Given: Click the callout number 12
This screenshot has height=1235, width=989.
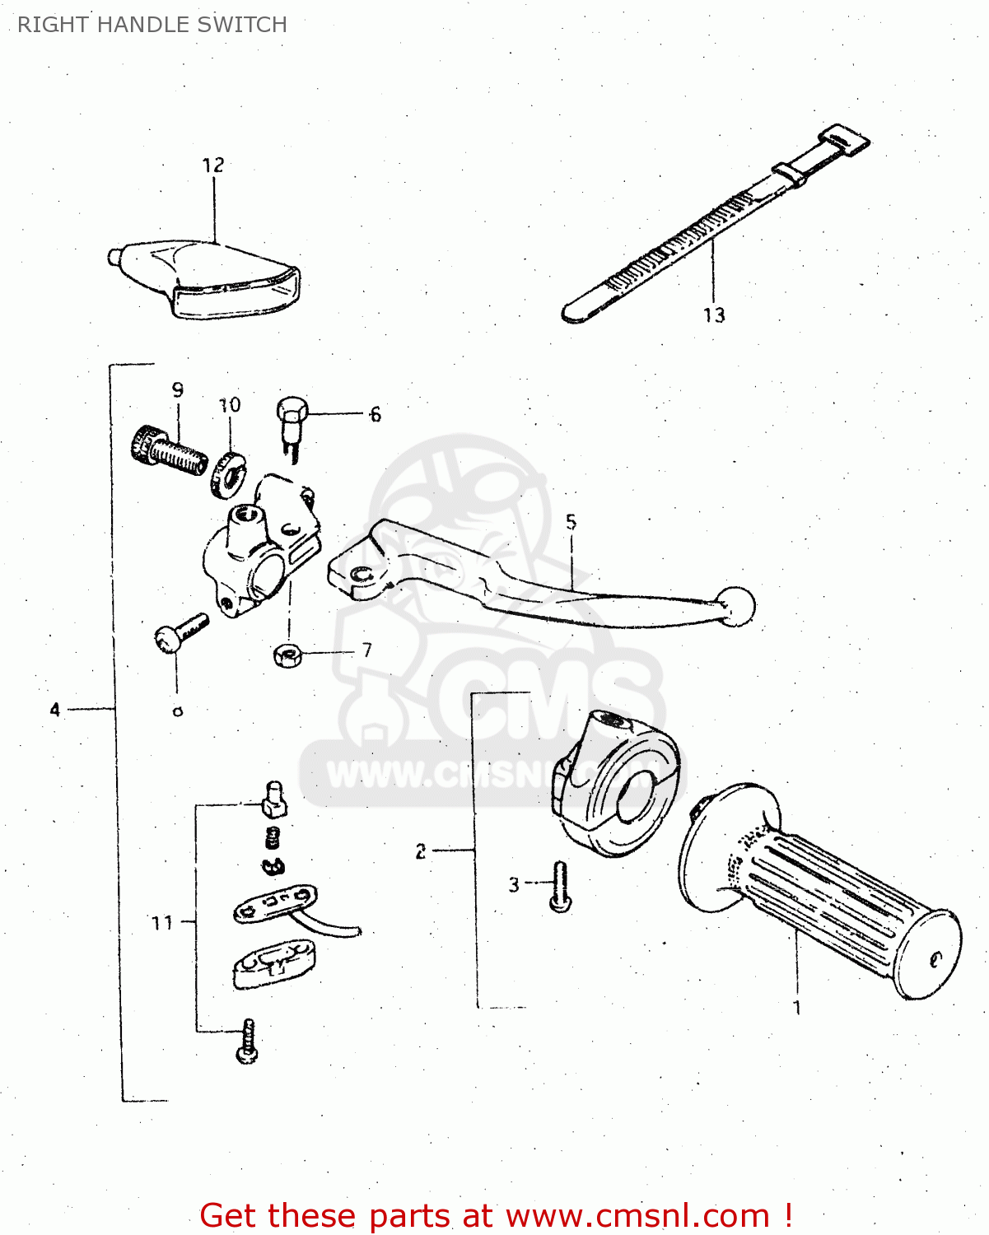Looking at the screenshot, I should coord(212,165).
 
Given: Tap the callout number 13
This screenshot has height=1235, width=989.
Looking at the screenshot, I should coord(714,315).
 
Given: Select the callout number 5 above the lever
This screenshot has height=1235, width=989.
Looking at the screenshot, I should coord(571,522).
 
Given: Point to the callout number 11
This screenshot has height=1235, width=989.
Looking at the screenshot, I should coord(162,923).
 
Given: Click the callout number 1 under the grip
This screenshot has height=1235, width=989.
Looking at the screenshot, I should coord(796,1008).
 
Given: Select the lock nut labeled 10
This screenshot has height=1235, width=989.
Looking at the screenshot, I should coord(226,473).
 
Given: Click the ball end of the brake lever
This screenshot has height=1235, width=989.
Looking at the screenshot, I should coord(737,606).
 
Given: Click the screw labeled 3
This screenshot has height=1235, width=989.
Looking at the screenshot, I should coord(560,887).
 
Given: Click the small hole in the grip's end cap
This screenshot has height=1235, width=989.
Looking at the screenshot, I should coord(935,959).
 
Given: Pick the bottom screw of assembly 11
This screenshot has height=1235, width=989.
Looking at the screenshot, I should coord(247,1042).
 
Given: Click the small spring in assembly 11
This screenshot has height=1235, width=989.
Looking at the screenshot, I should coord(273,839).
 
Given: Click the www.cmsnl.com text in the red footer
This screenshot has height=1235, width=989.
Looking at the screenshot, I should coord(637,1215).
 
